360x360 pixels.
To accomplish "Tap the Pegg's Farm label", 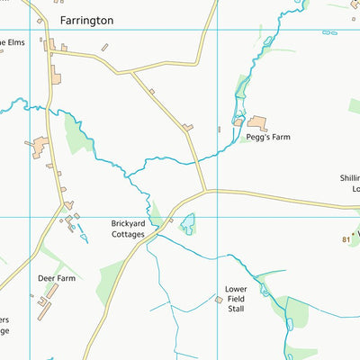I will coord(268,138).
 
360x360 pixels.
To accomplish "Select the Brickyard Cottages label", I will coord(127,229).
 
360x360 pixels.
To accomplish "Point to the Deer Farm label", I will coord(56,279).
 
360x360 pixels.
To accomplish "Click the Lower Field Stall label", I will coord(235,300).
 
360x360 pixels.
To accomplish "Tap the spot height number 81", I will coord(346,238).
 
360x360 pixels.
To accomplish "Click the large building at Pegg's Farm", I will coord(258,123).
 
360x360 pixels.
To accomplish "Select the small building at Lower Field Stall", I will coord(218,299).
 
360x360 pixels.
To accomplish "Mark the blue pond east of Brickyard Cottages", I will coord(187,223).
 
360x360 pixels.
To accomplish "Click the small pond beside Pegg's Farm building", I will coord(238,121).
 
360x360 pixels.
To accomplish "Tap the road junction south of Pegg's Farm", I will coord(206,191).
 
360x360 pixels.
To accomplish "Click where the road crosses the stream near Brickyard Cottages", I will coord(158,232).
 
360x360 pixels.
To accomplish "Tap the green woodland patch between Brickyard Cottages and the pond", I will coord(157,214).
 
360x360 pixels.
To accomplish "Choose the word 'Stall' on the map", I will coord(235,309).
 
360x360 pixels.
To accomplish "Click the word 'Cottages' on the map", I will coord(127,234).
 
